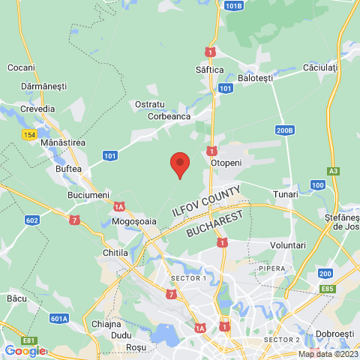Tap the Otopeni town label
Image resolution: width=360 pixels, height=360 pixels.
pos(226,162)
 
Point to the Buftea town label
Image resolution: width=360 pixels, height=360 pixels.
pos(69,169)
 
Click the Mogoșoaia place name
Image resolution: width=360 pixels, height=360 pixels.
pos(134,222)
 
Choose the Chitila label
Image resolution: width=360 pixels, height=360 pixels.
pos(115,253)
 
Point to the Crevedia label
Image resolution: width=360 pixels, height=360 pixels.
pos(37,109)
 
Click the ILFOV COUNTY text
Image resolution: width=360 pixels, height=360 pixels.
pos(206,201)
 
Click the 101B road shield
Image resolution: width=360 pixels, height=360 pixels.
pos(233,6)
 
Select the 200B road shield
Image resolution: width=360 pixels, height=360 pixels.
pos(284,130)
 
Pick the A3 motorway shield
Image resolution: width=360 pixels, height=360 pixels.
pos(334,171)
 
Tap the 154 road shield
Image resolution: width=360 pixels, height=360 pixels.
pos(29,134)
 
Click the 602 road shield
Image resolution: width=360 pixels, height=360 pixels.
pos(31,220)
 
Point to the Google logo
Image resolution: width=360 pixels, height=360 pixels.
pos(25,350)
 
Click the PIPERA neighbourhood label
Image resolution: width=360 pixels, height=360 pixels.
pos(273,267)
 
